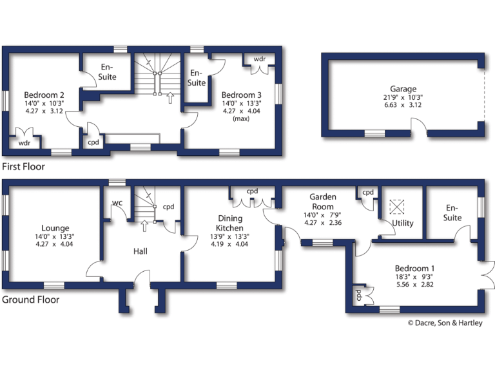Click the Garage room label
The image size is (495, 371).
(403, 89)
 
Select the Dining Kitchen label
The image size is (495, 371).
(229, 224)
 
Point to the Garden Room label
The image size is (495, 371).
(323, 202)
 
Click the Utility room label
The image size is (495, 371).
(403, 224)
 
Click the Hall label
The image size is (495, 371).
(141, 251)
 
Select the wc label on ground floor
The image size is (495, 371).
(117, 203)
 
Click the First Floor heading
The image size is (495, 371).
(24, 166)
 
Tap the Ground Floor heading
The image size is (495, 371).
(30, 300)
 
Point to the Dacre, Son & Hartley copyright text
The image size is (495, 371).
(444, 323)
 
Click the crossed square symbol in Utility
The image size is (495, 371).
(395, 206)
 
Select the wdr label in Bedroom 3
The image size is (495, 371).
(260, 59)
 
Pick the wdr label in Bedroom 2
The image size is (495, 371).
(24, 142)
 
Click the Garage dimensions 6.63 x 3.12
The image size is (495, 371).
(403, 106)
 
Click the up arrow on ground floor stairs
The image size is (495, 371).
(144, 225)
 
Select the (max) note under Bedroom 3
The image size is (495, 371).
(241, 119)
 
